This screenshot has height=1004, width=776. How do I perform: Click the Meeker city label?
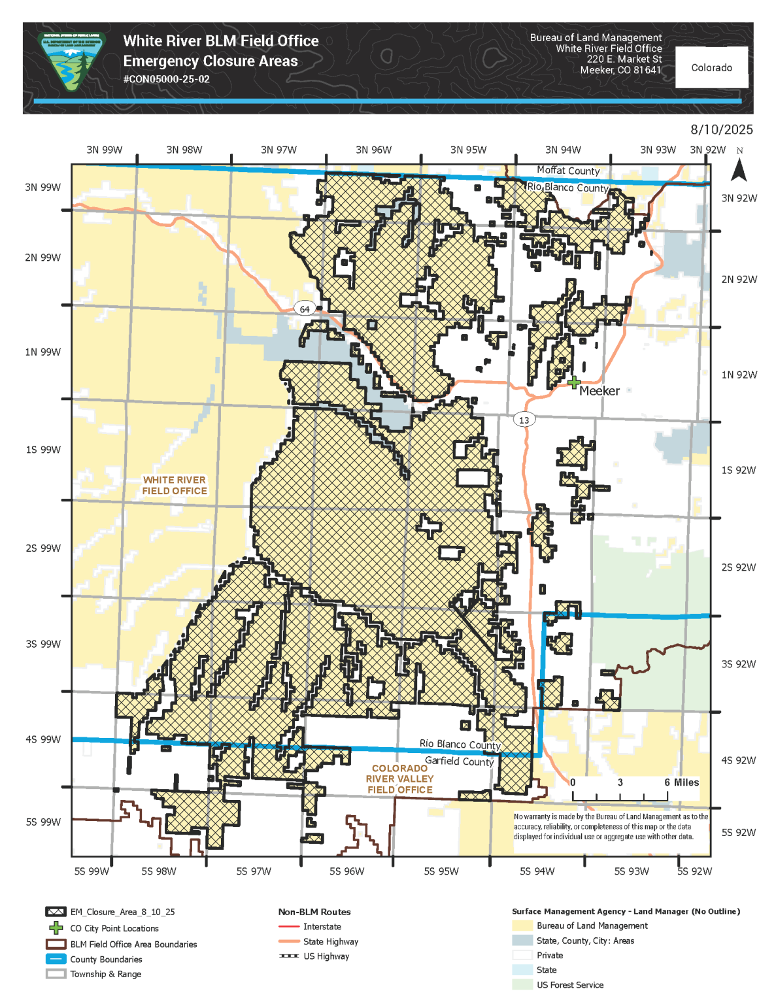[x=599, y=391]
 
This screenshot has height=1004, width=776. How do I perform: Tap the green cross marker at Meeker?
[x=574, y=382]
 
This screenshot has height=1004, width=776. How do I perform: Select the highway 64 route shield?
[x=305, y=309]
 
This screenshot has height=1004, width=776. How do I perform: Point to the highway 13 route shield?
[x=524, y=420]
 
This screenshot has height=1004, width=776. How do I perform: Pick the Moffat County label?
[x=567, y=171]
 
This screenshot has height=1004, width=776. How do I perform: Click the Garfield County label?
[x=459, y=761]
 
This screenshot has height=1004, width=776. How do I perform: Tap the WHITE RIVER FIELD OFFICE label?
[x=174, y=485]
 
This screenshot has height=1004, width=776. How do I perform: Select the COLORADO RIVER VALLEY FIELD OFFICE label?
[x=399, y=778]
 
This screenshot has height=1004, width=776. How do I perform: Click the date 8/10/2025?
[x=721, y=129]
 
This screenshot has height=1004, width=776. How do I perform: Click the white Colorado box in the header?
[x=711, y=67]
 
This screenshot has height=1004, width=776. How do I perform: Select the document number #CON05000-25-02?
[x=166, y=79]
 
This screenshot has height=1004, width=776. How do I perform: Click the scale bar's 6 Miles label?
[x=681, y=782]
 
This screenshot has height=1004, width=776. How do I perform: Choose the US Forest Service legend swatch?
[x=522, y=984]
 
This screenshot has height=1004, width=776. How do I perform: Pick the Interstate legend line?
[x=288, y=926]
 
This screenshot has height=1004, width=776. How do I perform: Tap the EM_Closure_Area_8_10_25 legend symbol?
[x=56, y=911]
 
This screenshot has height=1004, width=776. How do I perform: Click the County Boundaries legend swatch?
[x=56, y=959]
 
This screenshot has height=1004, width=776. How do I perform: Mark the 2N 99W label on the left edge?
[x=42, y=258]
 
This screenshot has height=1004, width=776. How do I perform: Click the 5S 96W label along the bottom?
[x=346, y=871]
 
